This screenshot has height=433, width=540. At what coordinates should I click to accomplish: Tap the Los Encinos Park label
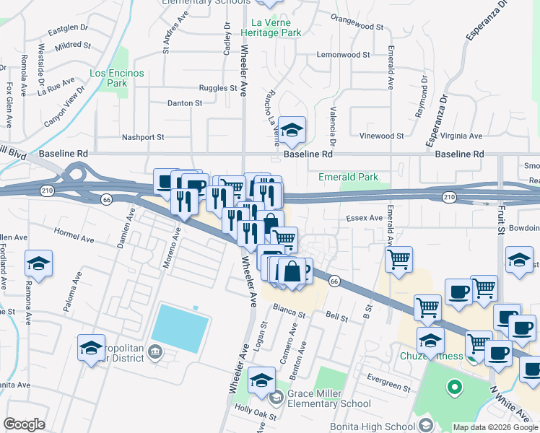117,78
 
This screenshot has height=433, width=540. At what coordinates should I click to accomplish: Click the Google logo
24,424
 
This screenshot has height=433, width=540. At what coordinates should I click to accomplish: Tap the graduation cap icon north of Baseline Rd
292,130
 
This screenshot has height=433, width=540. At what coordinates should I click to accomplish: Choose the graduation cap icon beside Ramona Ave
38,263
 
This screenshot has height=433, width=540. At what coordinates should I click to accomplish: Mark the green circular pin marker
454,389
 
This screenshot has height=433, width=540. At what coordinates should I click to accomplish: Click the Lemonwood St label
343,54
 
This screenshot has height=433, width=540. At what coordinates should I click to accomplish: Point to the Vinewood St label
381,136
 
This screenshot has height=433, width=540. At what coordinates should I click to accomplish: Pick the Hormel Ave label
74,237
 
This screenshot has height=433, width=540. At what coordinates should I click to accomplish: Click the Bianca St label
289,311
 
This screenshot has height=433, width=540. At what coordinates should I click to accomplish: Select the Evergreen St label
388,382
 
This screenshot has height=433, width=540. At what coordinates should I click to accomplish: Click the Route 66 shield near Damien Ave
106,199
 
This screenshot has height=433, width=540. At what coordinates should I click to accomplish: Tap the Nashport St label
144,136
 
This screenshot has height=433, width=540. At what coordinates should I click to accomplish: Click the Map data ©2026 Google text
495,427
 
